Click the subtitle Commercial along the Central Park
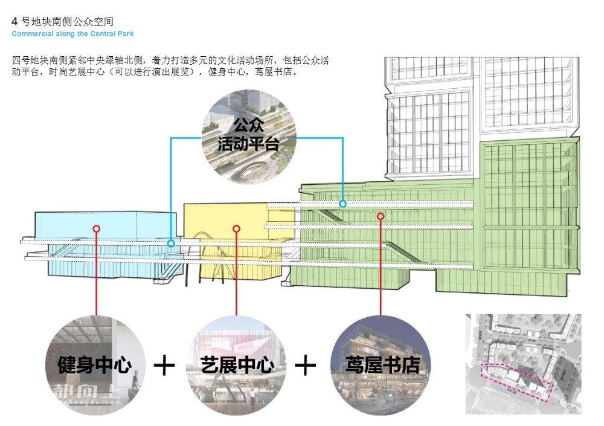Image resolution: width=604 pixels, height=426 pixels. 72,34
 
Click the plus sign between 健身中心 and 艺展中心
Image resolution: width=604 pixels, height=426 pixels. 164,366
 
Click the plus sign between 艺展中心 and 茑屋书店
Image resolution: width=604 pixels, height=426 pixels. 306,366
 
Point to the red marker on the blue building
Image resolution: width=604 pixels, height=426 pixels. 96,228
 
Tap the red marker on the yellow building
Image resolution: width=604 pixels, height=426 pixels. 237,228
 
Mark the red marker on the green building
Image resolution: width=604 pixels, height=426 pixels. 381,216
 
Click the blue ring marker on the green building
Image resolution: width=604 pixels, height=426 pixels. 342,204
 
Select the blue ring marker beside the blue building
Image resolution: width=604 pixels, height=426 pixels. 171,244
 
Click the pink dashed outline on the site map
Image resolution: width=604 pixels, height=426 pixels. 516,381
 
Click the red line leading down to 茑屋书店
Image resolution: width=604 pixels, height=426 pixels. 381,272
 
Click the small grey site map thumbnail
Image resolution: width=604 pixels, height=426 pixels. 523,363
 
